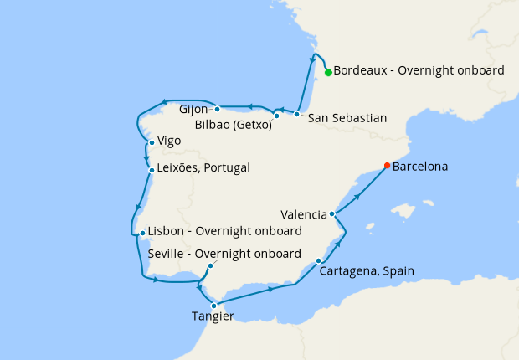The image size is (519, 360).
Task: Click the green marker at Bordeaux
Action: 328,72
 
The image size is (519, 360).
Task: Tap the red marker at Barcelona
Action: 386,165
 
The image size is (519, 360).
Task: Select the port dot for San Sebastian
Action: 297,114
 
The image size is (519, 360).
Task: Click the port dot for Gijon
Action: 217,108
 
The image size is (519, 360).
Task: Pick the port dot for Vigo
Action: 151,142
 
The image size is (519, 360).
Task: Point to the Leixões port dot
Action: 151,170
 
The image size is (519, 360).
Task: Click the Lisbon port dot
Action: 142,233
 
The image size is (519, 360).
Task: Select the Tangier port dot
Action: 214,306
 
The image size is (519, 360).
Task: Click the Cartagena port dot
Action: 320,260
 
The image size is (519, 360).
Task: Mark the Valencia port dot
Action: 332,214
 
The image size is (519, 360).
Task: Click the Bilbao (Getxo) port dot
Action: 277,116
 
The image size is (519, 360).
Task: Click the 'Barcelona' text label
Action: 420,167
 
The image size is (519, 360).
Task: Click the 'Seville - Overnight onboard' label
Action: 224,254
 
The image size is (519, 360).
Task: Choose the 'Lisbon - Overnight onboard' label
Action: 224,232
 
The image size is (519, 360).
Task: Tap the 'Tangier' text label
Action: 213,316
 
